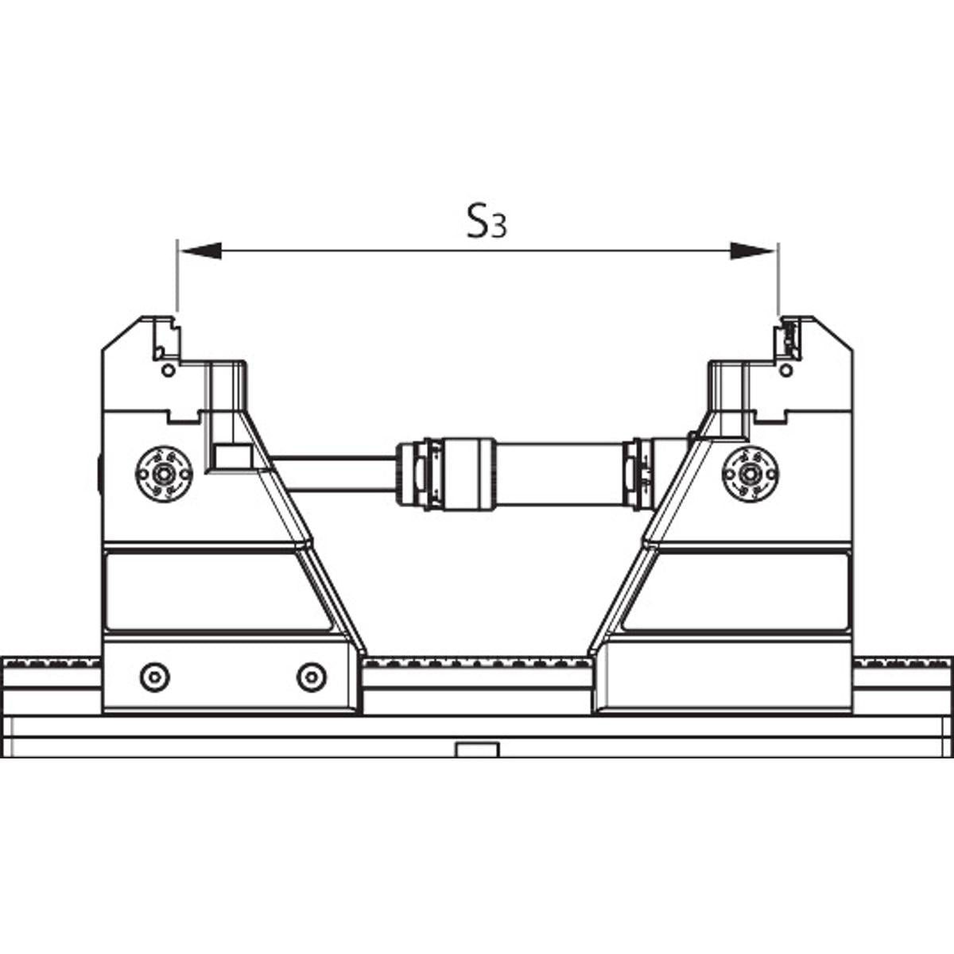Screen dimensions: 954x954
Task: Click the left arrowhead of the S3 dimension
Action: pyautogui.click(x=200, y=251)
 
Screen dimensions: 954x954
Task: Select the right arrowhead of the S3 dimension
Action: pyautogui.click(x=753, y=251)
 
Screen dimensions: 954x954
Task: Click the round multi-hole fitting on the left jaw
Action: pyautogui.click(x=164, y=475)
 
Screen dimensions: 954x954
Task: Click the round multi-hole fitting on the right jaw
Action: pyautogui.click(x=750, y=475)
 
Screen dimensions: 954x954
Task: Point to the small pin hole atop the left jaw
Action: pyautogui.click(x=169, y=370)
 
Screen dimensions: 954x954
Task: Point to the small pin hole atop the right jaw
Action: pyautogui.click(x=785, y=370)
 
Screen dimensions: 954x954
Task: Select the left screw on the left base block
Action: pyautogui.click(x=155, y=677)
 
